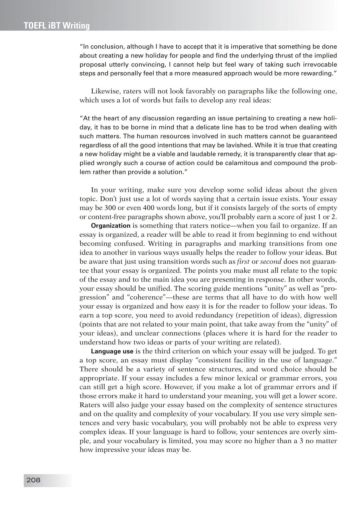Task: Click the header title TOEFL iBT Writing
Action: (x=57, y=26)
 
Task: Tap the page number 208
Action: (x=33, y=480)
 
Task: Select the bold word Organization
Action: (x=111, y=226)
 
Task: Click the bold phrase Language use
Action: (x=112, y=351)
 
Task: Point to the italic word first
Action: (x=243, y=261)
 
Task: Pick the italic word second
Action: (x=271, y=261)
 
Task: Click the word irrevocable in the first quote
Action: (x=320, y=64)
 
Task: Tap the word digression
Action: (x=320, y=315)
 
